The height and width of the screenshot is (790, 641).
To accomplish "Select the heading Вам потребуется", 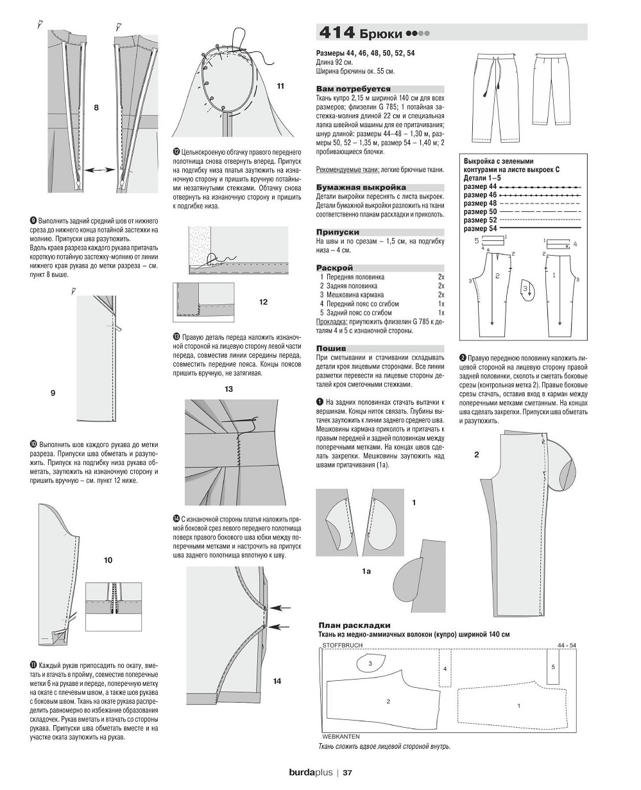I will (354, 89).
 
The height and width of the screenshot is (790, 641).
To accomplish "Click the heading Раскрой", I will (334, 267).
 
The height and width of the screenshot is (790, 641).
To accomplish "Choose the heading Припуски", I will (338, 232).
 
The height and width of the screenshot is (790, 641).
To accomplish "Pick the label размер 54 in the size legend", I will (480, 229).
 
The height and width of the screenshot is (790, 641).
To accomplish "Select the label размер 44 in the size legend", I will (480, 186).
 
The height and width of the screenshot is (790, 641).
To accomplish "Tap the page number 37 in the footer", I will (348, 773).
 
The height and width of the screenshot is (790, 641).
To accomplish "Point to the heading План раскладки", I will (354, 625).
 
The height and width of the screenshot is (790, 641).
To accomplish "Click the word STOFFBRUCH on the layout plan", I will (343, 644).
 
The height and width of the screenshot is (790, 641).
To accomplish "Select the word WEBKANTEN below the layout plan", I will (340, 736).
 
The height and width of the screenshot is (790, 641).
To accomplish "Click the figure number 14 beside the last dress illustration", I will (277, 681).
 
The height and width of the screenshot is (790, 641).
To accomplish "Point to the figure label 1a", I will (366, 570).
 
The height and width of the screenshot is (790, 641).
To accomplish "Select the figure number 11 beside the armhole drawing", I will (280, 85).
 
